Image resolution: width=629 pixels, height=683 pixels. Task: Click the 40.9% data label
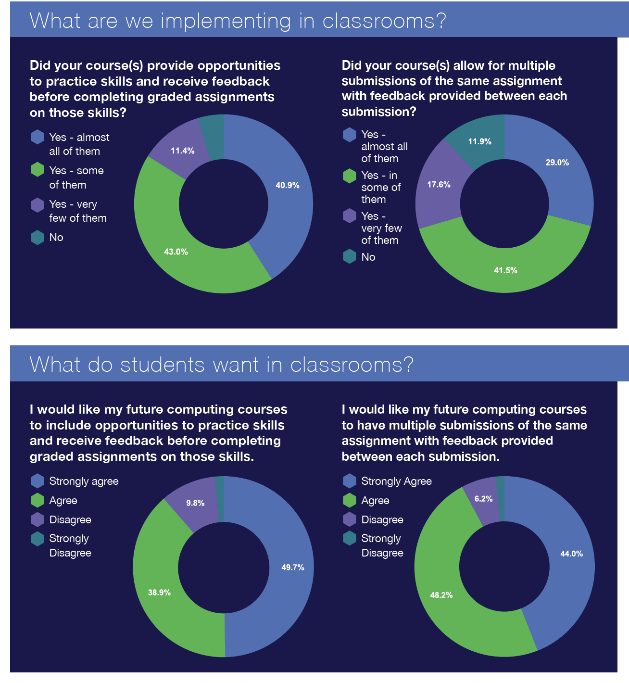[x=288, y=185]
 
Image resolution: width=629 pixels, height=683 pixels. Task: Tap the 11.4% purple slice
[x=182, y=151]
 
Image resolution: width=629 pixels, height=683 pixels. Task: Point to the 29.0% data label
[x=557, y=163]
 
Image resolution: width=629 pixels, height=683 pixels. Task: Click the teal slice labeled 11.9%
[x=479, y=141]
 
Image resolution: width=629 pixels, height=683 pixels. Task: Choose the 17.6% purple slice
[x=439, y=185]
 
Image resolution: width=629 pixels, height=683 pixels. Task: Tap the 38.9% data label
[x=159, y=593]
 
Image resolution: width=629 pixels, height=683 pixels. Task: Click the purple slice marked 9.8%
[x=195, y=503]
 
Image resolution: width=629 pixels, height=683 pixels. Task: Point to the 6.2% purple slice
[x=483, y=499]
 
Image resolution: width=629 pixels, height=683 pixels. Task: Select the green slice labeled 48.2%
[x=441, y=595]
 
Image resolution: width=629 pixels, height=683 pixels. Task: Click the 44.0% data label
[x=571, y=554]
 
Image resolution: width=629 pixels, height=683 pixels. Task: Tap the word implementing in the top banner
[x=226, y=21]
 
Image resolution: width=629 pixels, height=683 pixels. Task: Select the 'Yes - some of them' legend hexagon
[x=38, y=170]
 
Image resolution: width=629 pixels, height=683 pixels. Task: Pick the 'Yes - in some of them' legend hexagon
[x=350, y=176]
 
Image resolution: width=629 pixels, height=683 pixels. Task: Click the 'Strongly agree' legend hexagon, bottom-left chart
[x=38, y=481]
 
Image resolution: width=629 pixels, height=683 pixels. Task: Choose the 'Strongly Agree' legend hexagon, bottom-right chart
[x=350, y=481]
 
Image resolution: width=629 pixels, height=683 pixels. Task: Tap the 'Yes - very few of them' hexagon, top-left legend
[x=38, y=204]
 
